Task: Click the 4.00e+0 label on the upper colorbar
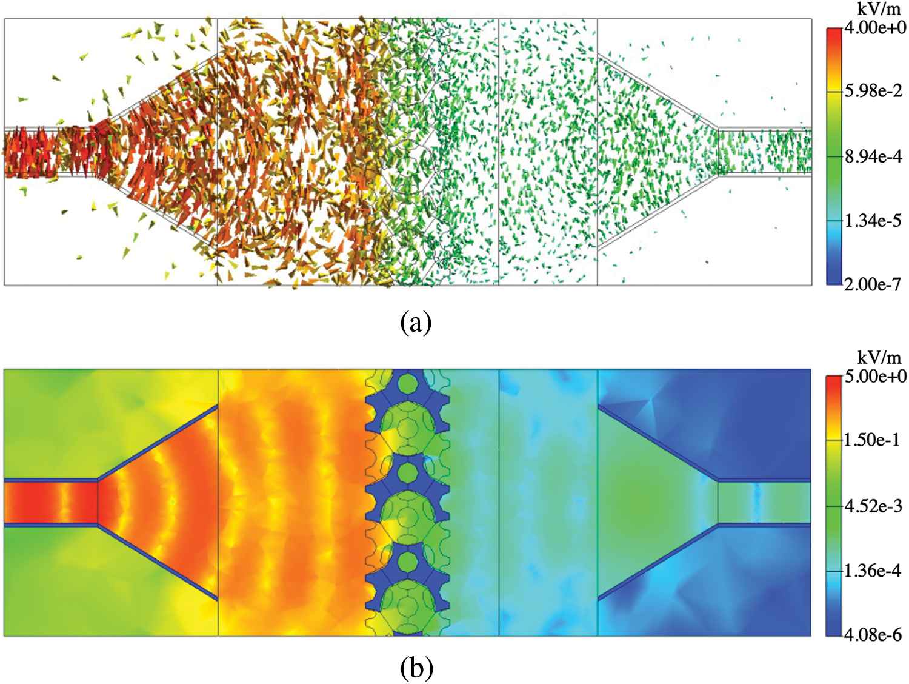875,27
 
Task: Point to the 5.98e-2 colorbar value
873,91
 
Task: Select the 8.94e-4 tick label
873,156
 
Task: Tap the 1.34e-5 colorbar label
873,221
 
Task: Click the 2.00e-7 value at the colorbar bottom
873,284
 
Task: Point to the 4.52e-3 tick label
873,506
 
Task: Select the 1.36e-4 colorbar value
873,571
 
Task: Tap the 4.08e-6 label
873,635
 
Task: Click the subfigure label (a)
416,322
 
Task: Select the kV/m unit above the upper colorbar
879,9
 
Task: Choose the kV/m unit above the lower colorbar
879,357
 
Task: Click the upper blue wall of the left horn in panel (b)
158,443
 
